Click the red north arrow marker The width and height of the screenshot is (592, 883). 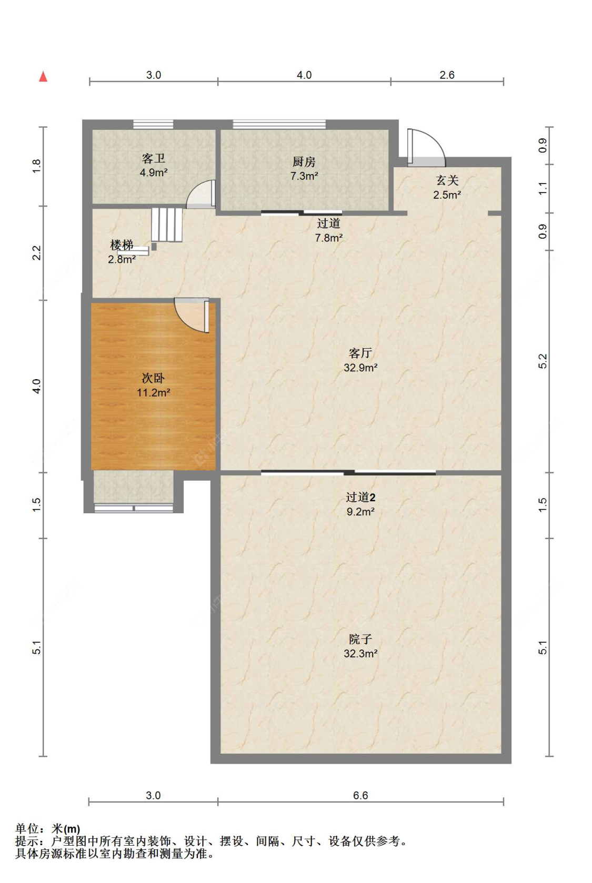(x=43, y=76)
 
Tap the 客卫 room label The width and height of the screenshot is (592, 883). (x=154, y=158)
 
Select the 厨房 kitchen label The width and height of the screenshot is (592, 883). (x=304, y=161)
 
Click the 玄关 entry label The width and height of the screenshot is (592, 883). (x=447, y=180)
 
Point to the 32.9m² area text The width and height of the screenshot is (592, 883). (x=360, y=368)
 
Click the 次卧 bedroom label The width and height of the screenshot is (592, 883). (x=153, y=379)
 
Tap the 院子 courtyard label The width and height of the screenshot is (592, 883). (x=360, y=639)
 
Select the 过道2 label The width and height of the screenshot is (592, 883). (x=360, y=498)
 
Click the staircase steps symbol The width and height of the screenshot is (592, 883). (x=167, y=225)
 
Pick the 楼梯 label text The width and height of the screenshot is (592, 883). (x=122, y=245)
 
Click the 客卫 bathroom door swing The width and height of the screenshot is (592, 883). (x=201, y=194)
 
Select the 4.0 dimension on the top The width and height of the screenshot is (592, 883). (x=304, y=75)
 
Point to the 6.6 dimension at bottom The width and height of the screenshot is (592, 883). (x=360, y=796)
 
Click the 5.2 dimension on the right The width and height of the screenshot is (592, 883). (x=543, y=361)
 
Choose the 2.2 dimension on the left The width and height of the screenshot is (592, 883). (x=36, y=252)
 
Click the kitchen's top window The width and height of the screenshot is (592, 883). (x=279, y=124)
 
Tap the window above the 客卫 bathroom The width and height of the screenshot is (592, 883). (x=153, y=124)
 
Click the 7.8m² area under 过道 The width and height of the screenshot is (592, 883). (x=328, y=238)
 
